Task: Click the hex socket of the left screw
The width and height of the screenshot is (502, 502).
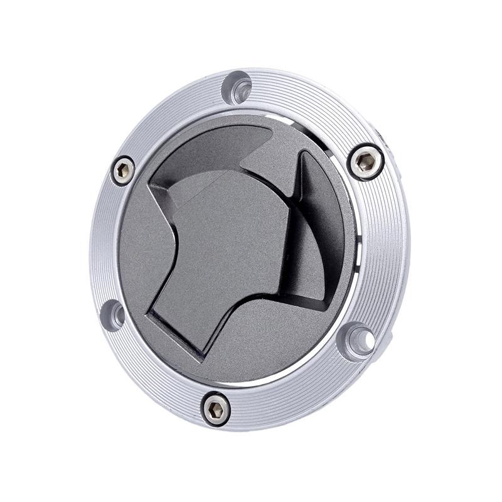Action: coord(123,169)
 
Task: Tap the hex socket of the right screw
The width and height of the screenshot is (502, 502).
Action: coord(365,163)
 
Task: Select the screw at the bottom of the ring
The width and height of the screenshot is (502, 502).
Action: coord(216,409)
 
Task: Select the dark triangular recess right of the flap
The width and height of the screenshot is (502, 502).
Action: coord(317,238)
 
